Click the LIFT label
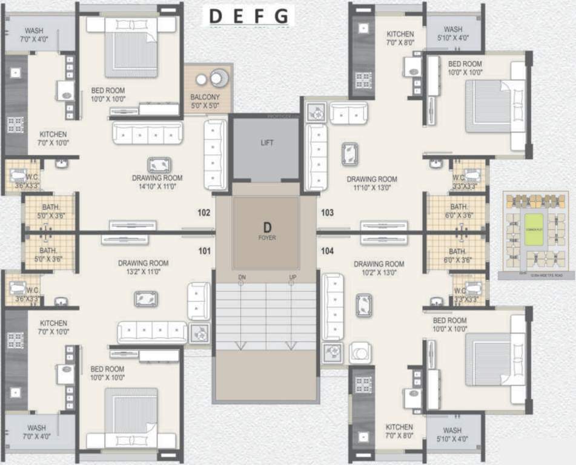pyautogui.click(x=267, y=143)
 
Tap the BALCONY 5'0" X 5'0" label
pyautogui.click(x=205, y=101)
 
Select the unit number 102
pyautogui.click(x=204, y=213)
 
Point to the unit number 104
pyautogui.click(x=328, y=250)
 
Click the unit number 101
pyautogui.click(x=204, y=250)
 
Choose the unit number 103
pyautogui.click(x=328, y=213)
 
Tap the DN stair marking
pyautogui.click(x=242, y=277)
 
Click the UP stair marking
pyautogui.click(x=292, y=277)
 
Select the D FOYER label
pyautogui.click(x=266, y=231)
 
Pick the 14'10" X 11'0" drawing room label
pyautogui.click(x=157, y=182)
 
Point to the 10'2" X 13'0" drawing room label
pyautogui.click(x=379, y=268)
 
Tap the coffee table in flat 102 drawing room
pyautogui.click(x=159, y=164)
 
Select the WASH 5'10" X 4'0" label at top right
pyautogui.click(x=452, y=33)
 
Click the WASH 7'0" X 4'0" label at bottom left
pyautogui.click(x=36, y=432)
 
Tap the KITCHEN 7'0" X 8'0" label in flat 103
pyautogui.click(x=400, y=39)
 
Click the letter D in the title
pyautogui.click(x=215, y=16)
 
